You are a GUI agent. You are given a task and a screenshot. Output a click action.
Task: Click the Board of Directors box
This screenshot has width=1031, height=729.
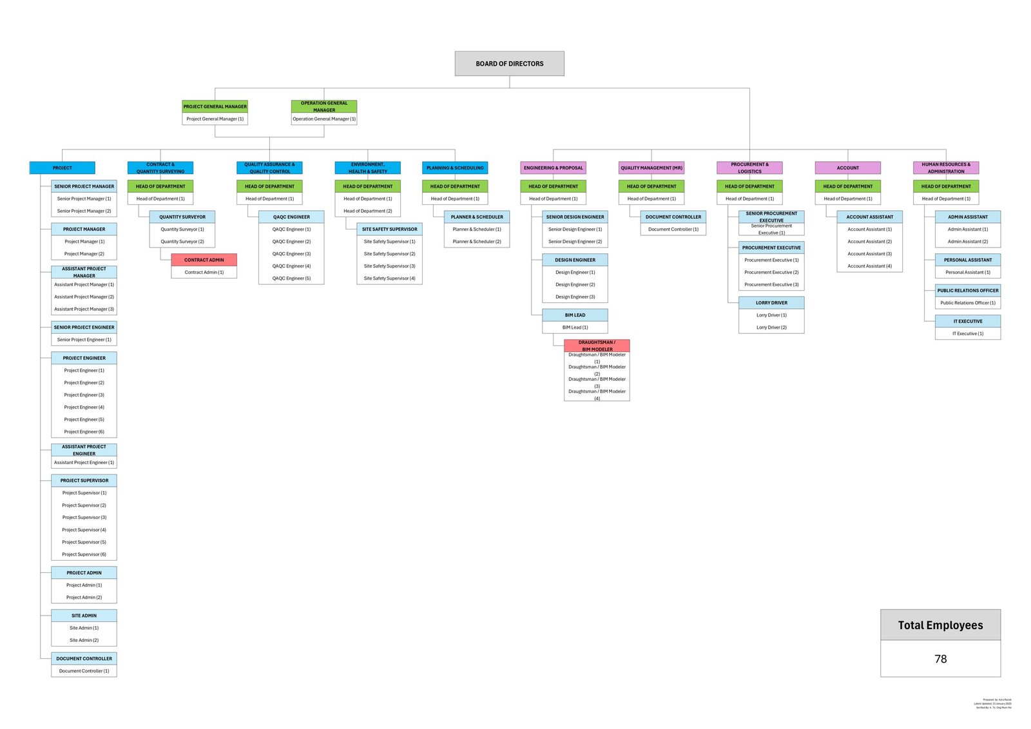509,64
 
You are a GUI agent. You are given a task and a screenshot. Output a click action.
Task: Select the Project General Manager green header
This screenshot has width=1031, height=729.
215,106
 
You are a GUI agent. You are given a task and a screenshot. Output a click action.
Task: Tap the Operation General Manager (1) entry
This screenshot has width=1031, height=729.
323,119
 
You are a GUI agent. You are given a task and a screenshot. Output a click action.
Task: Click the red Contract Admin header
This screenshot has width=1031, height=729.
204,260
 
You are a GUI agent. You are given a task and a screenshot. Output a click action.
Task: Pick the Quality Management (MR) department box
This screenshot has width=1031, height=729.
651,168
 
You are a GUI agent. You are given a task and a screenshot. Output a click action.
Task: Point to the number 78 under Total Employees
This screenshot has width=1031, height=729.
940,659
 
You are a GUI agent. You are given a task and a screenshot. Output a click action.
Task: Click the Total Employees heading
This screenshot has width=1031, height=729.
940,625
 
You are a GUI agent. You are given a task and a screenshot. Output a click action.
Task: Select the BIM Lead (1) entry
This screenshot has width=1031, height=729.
575,327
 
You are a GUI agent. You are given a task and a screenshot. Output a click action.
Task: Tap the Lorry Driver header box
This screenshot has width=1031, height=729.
771,303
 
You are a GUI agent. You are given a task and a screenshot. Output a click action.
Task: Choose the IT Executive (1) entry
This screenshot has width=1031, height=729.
967,333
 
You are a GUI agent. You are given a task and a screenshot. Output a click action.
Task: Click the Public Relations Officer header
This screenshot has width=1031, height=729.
967,291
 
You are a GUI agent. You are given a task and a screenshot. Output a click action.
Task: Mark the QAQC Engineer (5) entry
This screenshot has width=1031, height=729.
291,278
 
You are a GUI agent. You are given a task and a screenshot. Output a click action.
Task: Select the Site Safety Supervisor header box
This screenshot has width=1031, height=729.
389,229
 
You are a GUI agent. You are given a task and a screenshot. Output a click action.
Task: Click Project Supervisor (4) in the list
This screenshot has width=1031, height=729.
84,530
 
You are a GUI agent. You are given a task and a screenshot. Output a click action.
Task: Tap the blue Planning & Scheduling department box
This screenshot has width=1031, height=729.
455,168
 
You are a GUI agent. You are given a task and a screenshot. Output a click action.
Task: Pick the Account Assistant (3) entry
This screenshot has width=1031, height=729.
869,254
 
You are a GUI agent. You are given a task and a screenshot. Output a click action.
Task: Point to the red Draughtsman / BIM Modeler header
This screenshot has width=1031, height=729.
597,345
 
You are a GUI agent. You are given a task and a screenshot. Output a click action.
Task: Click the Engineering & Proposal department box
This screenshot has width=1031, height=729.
553,168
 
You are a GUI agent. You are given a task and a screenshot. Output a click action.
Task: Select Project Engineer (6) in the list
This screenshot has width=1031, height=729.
84,432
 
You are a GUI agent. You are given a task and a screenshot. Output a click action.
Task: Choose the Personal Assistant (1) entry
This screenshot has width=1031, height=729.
967,272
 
